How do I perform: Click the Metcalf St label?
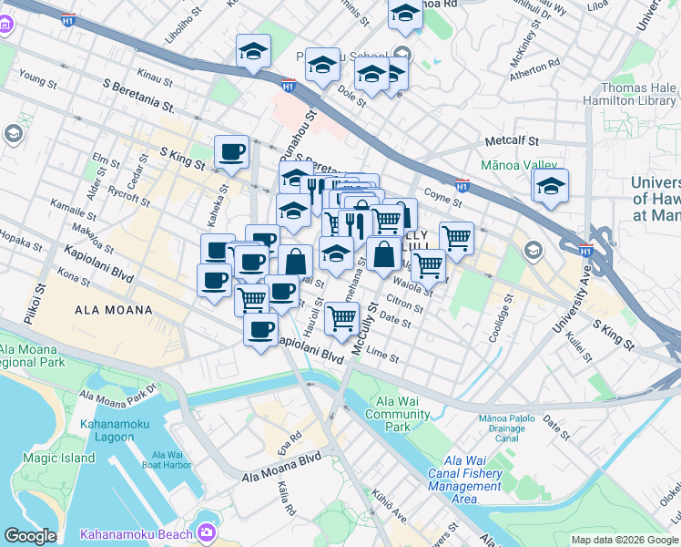pyautogui.click(x=513, y=142)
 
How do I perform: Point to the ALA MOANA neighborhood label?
pyautogui.click(x=107, y=310)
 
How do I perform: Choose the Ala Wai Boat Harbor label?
pyautogui.click(x=172, y=461)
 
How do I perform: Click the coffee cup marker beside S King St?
pyautogui.click(x=231, y=152)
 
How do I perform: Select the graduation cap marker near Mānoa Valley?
pyautogui.click(x=550, y=187)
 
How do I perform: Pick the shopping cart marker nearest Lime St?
pyautogui.click(x=341, y=319)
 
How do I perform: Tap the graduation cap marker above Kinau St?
pyautogui.click(x=253, y=52)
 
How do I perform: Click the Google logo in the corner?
pyautogui.click(x=30, y=536)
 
